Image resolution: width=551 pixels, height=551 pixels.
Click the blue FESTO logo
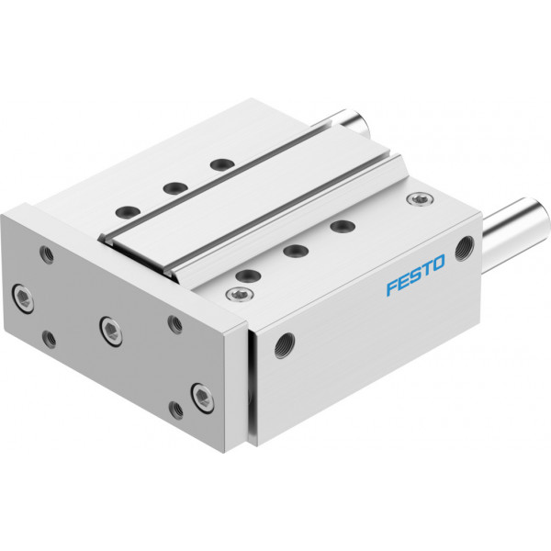[416, 275]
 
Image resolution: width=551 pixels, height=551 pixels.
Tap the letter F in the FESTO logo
[392, 287]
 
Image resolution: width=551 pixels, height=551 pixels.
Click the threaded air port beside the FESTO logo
[465, 248]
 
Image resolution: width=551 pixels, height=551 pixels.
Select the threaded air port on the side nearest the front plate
[285, 344]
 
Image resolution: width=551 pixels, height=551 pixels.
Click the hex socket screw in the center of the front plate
[111, 331]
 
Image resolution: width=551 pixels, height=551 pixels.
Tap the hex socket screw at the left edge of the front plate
[23, 298]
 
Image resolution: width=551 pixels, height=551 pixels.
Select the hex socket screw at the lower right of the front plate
[203, 397]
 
